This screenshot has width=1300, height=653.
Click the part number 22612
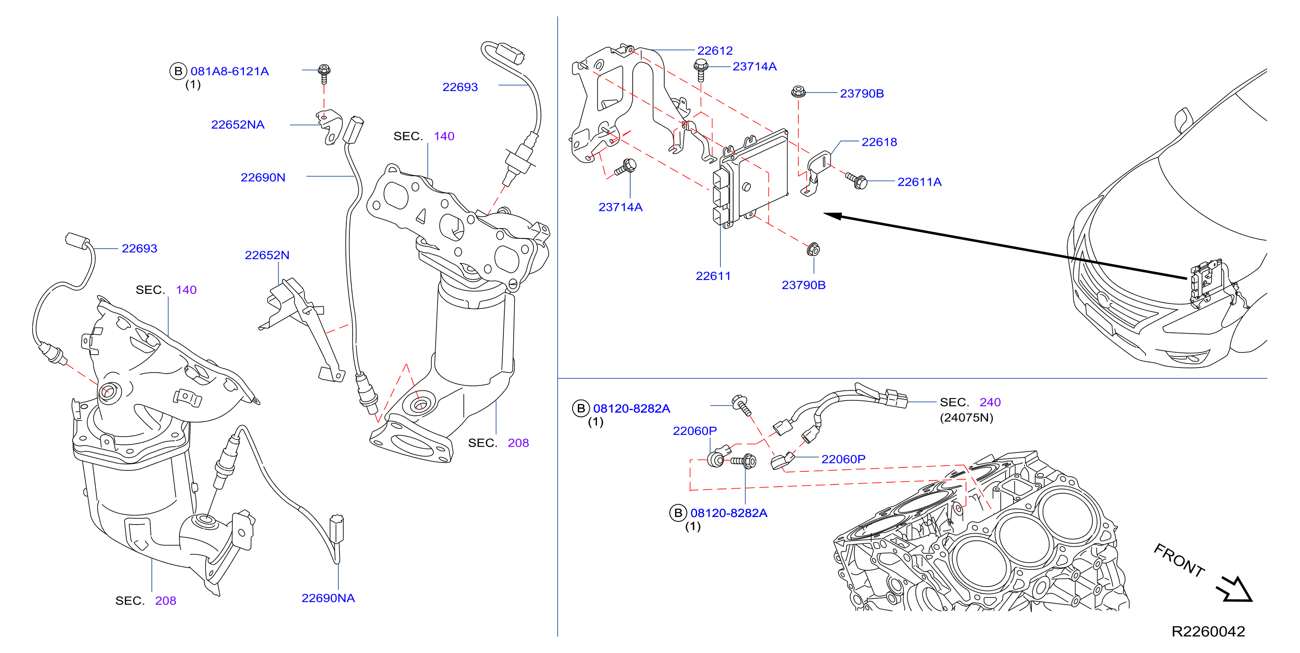(x=715, y=51)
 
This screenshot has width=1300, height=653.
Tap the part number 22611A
(x=919, y=182)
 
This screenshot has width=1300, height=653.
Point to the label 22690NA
(x=328, y=598)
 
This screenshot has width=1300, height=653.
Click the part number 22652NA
(x=238, y=125)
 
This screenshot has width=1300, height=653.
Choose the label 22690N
(x=263, y=177)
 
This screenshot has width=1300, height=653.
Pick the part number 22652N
(x=267, y=255)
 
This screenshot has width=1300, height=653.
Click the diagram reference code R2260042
(x=1208, y=631)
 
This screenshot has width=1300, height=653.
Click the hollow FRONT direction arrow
(x=1235, y=589)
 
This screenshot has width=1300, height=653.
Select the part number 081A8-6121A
(x=230, y=71)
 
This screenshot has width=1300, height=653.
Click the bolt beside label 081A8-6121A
(x=324, y=73)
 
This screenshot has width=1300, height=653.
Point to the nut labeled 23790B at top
(x=798, y=92)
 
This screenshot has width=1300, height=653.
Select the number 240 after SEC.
(x=990, y=402)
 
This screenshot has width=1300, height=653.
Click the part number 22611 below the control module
(x=712, y=276)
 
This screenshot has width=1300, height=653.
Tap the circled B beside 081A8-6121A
(x=178, y=71)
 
